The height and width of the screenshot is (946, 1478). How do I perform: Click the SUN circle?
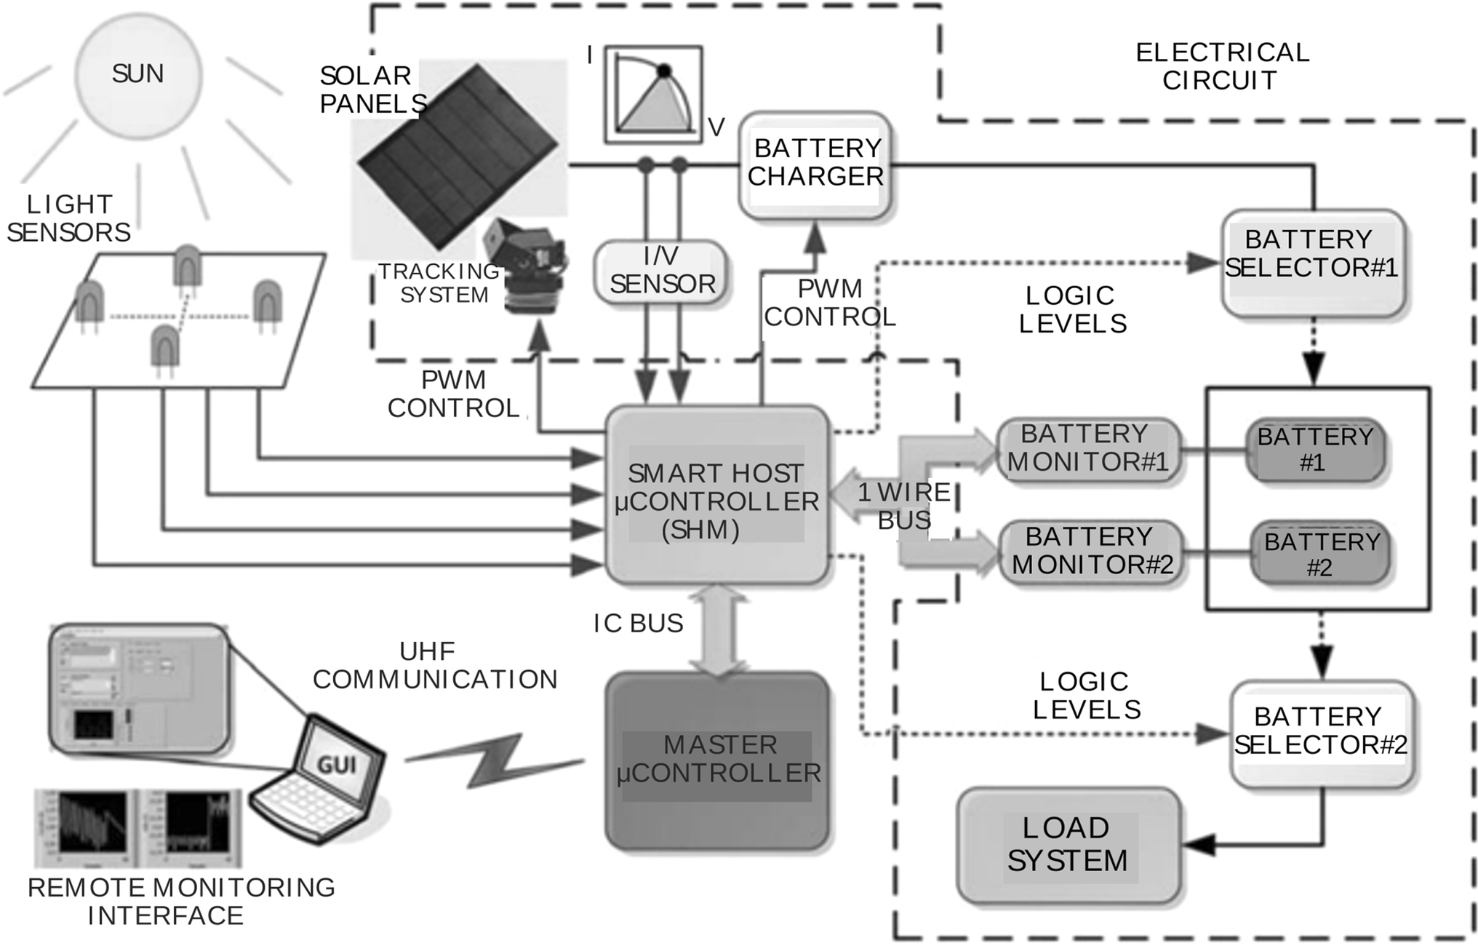(138, 75)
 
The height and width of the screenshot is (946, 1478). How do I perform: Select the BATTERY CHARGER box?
(815, 164)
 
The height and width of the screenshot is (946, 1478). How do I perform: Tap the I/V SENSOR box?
(661, 271)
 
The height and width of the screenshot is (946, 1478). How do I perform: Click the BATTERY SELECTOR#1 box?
(1312, 263)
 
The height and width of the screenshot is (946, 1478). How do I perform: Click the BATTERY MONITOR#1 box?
(1087, 449)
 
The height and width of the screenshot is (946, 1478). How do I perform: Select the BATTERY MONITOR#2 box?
(1091, 552)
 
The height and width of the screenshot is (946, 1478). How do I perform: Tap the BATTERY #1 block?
(1314, 450)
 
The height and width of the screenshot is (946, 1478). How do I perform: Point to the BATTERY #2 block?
(1320, 554)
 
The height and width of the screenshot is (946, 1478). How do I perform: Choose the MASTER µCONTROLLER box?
(717, 760)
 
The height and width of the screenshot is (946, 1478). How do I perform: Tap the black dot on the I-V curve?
(663, 71)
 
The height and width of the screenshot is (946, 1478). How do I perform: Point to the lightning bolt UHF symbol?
(495, 760)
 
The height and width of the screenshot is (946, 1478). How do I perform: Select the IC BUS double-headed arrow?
(718, 629)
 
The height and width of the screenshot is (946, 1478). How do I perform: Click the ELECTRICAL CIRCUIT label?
(1222, 66)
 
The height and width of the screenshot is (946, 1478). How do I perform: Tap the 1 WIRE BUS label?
(904, 506)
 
